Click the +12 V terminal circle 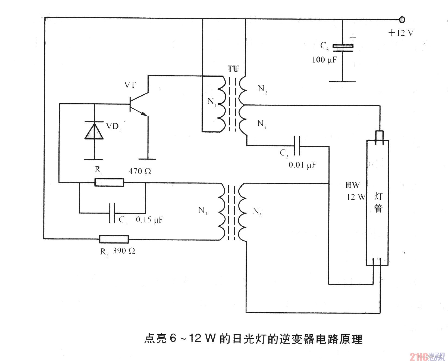point(402,20)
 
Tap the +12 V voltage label point(401,33)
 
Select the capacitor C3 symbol point(343,47)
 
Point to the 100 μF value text point(324,60)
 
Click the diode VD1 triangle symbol point(94,131)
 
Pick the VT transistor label point(130,85)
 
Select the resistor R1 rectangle point(109,182)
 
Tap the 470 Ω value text point(140,171)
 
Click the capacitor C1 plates point(112,213)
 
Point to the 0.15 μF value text point(149,220)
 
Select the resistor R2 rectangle point(114,239)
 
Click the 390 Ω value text point(124,251)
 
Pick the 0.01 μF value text point(302,165)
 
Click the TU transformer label point(233,69)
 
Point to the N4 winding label point(203,210)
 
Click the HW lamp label point(352,185)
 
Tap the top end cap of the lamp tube point(380,135)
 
